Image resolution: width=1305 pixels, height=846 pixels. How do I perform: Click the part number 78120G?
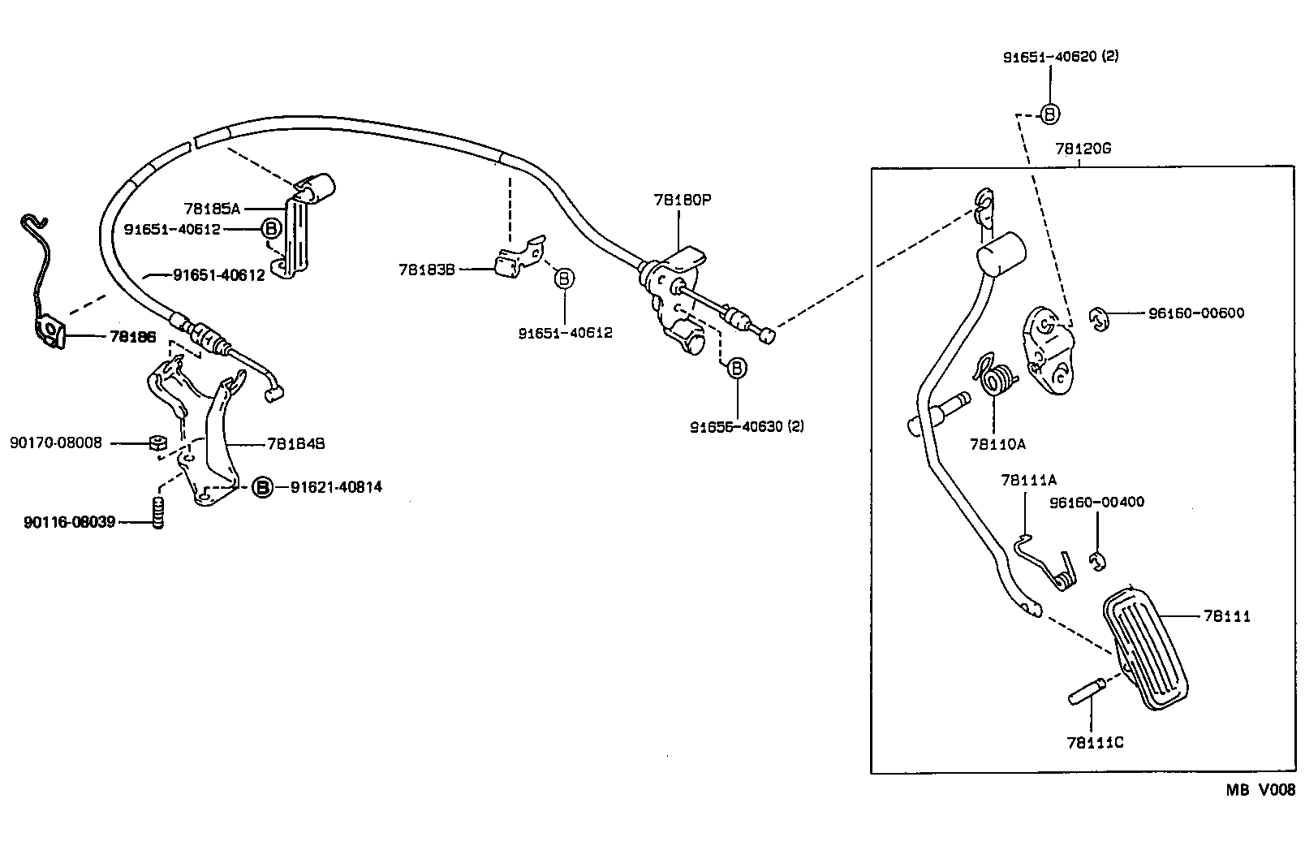pyautogui.click(x=1083, y=149)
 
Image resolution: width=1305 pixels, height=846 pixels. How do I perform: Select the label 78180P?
pyautogui.click(x=682, y=200)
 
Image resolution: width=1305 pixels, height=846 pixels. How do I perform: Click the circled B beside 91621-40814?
pyautogui.click(x=261, y=487)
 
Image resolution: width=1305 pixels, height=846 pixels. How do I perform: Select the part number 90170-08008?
pyautogui.click(x=56, y=442)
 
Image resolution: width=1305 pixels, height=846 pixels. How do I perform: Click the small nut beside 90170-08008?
pyautogui.click(x=158, y=443)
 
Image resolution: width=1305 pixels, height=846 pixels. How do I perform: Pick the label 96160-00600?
pyautogui.click(x=1195, y=313)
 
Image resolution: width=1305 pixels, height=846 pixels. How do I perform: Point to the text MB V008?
pyautogui.click(x=1260, y=789)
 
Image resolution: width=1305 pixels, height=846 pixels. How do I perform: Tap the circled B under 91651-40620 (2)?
pyautogui.click(x=1049, y=114)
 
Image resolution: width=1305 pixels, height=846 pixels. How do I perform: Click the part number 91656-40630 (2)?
pyautogui.click(x=747, y=425)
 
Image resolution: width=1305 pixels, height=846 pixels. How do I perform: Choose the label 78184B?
pyautogui.click(x=295, y=444)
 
